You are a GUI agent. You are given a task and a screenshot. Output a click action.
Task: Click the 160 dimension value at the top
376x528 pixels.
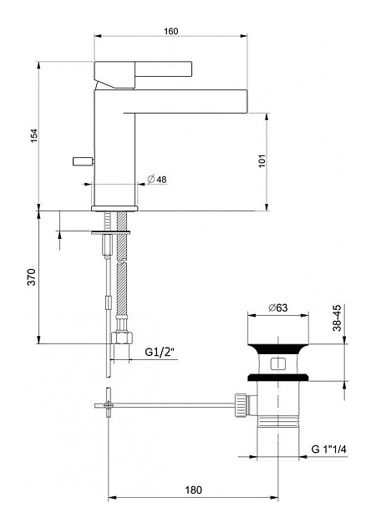(x=170, y=31)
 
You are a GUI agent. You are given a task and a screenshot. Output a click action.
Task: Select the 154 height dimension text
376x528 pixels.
(x=35, y=135)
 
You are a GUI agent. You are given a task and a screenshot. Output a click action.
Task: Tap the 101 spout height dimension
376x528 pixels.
(x=262, y=160)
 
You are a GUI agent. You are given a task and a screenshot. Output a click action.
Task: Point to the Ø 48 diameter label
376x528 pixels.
(x=157, y=179)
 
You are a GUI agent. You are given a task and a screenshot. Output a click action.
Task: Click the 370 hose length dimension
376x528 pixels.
(x=32, y=277)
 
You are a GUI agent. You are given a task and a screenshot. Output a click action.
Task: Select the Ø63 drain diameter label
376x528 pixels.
(x=278, y=307)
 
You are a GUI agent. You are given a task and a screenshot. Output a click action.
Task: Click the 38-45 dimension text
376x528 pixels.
(x=337, y=317)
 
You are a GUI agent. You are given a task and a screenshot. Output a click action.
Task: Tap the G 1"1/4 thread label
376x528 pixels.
(x=329, y=449)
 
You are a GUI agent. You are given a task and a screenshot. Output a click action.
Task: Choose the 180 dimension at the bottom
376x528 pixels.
(x=193, y=490)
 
